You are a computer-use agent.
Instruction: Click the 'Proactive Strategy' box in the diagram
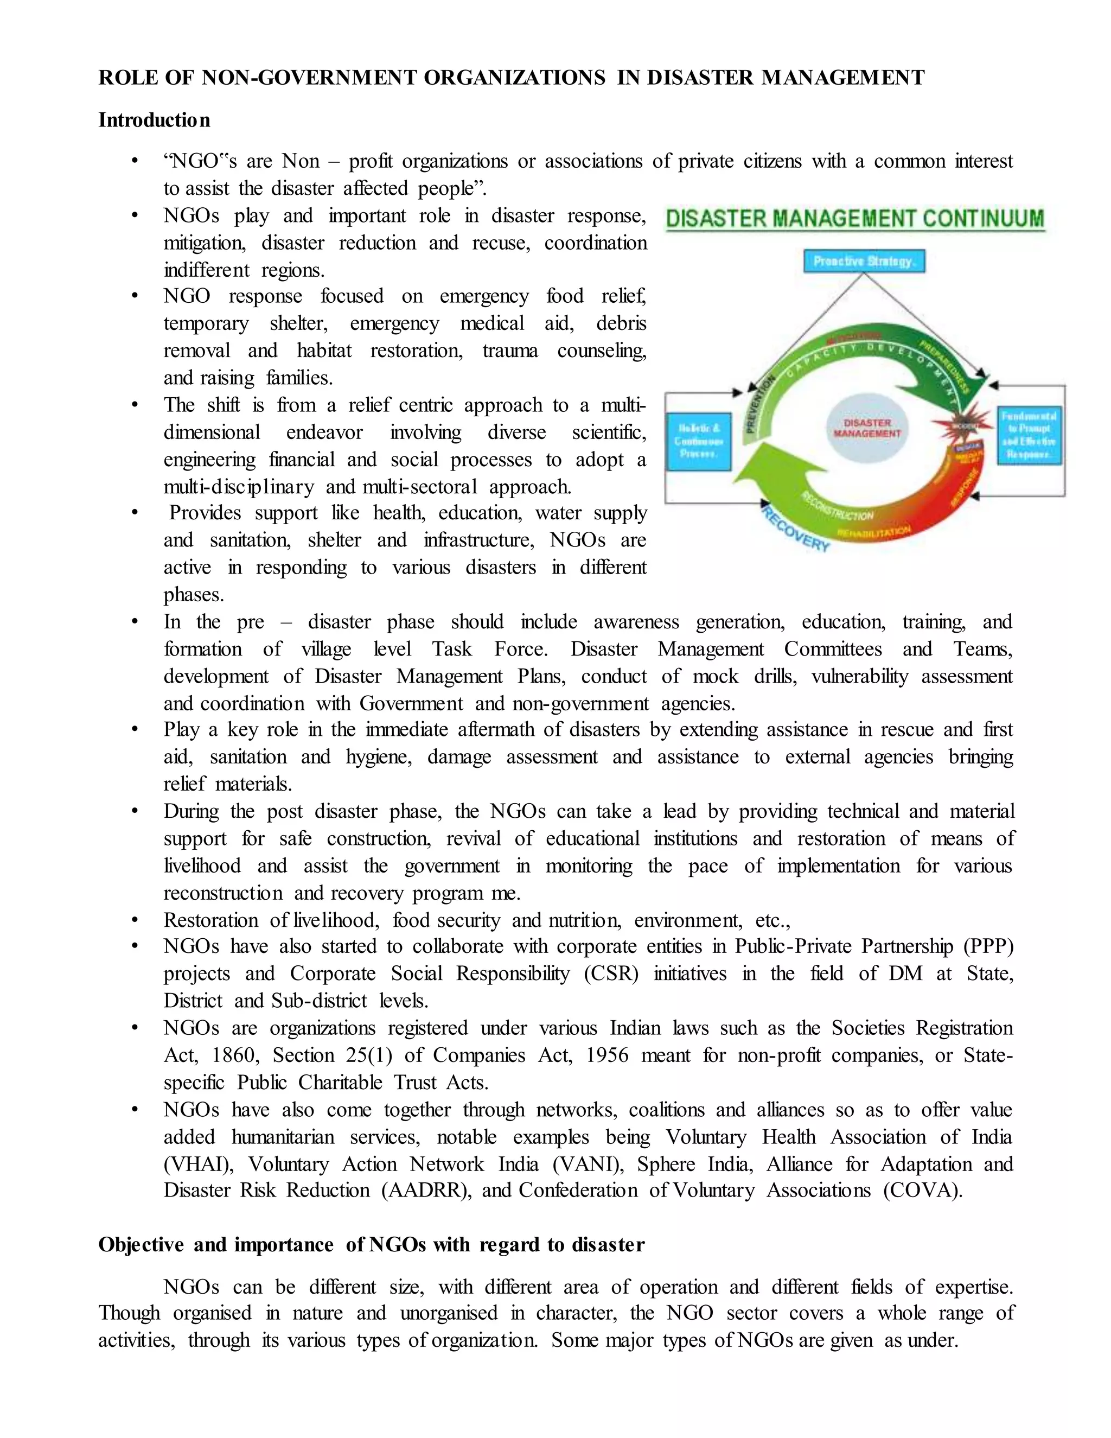[864, 262]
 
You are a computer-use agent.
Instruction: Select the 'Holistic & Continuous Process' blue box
[698, 441]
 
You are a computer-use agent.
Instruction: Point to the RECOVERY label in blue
[796, 529]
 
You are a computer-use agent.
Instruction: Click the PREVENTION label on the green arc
[759, 405]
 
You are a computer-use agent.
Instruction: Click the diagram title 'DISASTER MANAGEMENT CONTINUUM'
[854, 219]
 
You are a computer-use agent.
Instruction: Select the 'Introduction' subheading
[155, 120]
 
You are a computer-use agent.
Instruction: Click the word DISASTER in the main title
[703, 78]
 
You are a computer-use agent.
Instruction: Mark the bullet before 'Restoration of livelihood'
[135, 920]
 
